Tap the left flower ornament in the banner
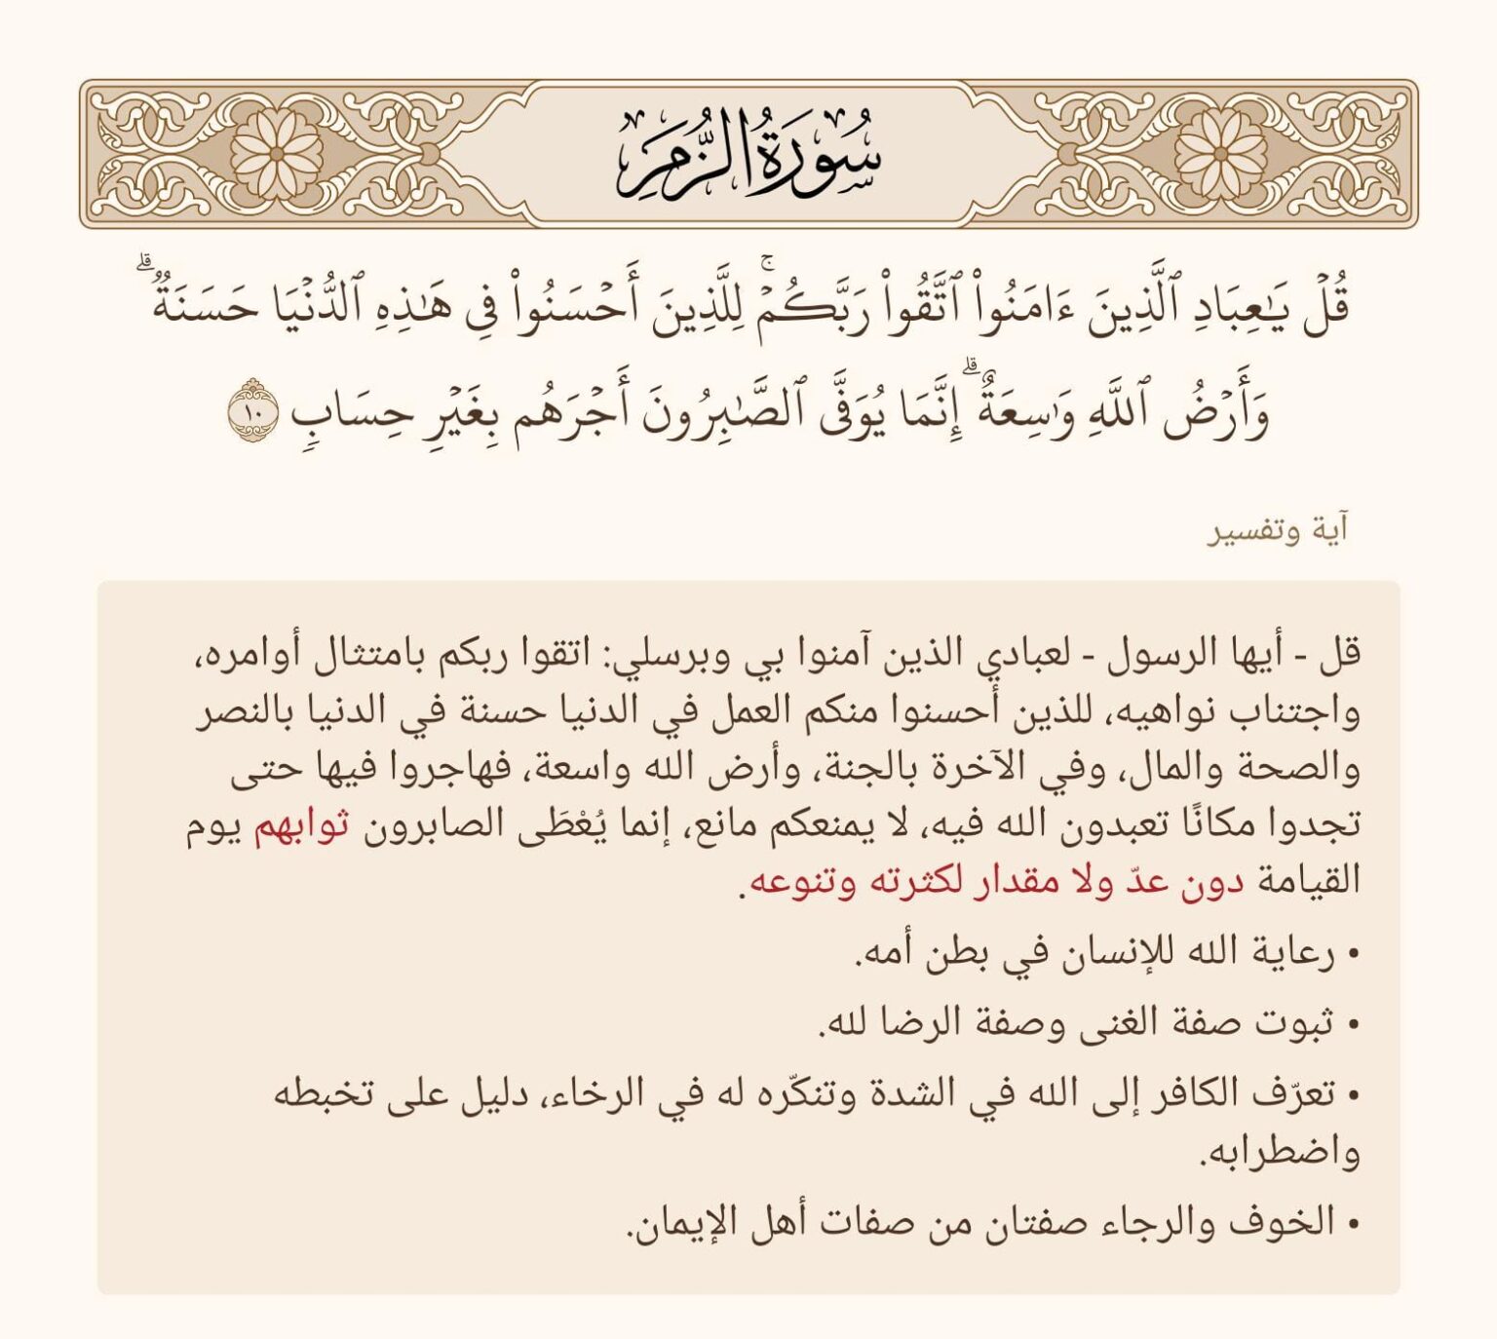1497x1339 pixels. coord(277,154)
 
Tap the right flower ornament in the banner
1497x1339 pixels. coord(1220,154)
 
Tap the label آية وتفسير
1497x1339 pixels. coord(1278,532)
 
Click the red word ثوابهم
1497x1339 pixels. coord(301,825)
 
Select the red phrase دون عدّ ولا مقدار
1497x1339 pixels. coord(1091,882)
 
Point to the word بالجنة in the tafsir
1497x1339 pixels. coord(857,769)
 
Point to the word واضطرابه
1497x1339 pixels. coord(1279,1153)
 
